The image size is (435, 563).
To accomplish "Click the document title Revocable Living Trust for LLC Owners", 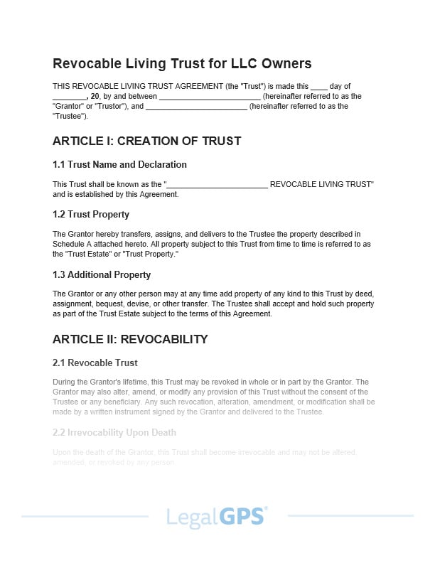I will pos(182,63).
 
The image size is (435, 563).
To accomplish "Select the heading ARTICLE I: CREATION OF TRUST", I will pos(146,141).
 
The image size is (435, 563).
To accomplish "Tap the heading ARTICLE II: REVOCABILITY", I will pos(130,339).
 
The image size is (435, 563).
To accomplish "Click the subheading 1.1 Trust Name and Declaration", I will pos(119,164).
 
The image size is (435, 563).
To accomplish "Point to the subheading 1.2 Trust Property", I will pos(91,214).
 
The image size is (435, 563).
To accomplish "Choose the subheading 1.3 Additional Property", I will pos(102,274).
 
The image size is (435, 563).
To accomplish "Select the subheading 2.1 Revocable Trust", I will pos(95,363).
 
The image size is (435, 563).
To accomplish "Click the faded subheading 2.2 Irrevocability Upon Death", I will pos(114,432).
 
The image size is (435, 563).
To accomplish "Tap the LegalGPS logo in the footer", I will pos(217,516).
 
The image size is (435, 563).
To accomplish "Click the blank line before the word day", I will pos(319,87).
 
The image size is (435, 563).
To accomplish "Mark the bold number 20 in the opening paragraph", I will pos(95,96).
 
